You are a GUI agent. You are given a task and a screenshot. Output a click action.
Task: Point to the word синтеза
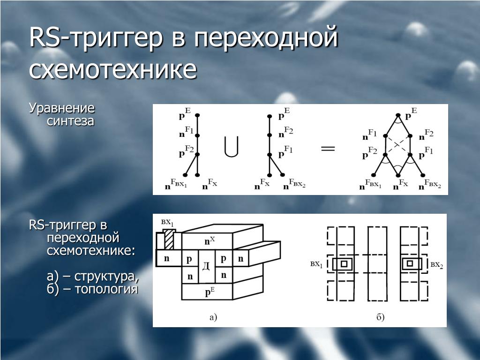70,121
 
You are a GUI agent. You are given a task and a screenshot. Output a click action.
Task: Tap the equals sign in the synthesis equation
328,149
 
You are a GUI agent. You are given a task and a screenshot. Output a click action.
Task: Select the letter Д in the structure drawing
206,266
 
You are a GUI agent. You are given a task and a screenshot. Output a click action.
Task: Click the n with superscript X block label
209,241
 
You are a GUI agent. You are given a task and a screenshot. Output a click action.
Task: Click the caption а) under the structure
213,317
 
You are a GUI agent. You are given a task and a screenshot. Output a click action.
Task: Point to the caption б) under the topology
380,317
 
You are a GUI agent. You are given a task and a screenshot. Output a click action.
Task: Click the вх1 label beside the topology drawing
316,264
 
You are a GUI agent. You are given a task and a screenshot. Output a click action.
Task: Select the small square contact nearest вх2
410,264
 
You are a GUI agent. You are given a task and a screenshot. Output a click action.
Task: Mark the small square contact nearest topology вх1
344,264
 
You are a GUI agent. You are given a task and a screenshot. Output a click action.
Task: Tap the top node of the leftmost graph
198,115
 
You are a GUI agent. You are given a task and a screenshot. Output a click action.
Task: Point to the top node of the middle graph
269,115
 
